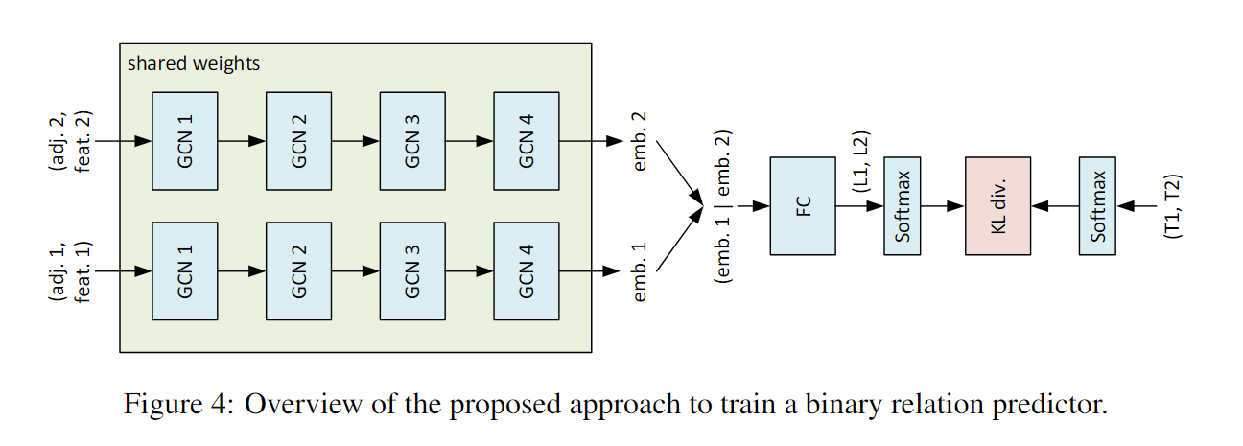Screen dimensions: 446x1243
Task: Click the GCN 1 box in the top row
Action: click(185, 140)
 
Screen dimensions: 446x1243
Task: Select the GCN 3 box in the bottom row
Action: click(412, 271)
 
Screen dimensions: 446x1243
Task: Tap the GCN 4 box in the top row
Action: click(526, 140)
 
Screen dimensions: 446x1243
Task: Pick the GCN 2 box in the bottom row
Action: click(298, 271)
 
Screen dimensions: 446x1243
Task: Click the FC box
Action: click(803, 205)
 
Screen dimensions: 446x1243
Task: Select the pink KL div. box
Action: click(997, 205)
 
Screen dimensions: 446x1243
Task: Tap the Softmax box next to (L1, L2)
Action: click(902, 205)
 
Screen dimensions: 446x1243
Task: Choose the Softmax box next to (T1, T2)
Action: click(1097, 205)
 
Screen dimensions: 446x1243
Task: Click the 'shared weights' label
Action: click(194, 64)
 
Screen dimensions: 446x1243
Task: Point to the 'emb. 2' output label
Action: click(640, 140)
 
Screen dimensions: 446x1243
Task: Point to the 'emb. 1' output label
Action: click(640, 271)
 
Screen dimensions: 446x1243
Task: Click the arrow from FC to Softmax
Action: click(859, 205)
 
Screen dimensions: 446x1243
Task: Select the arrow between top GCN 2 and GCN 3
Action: click(355, 140)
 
